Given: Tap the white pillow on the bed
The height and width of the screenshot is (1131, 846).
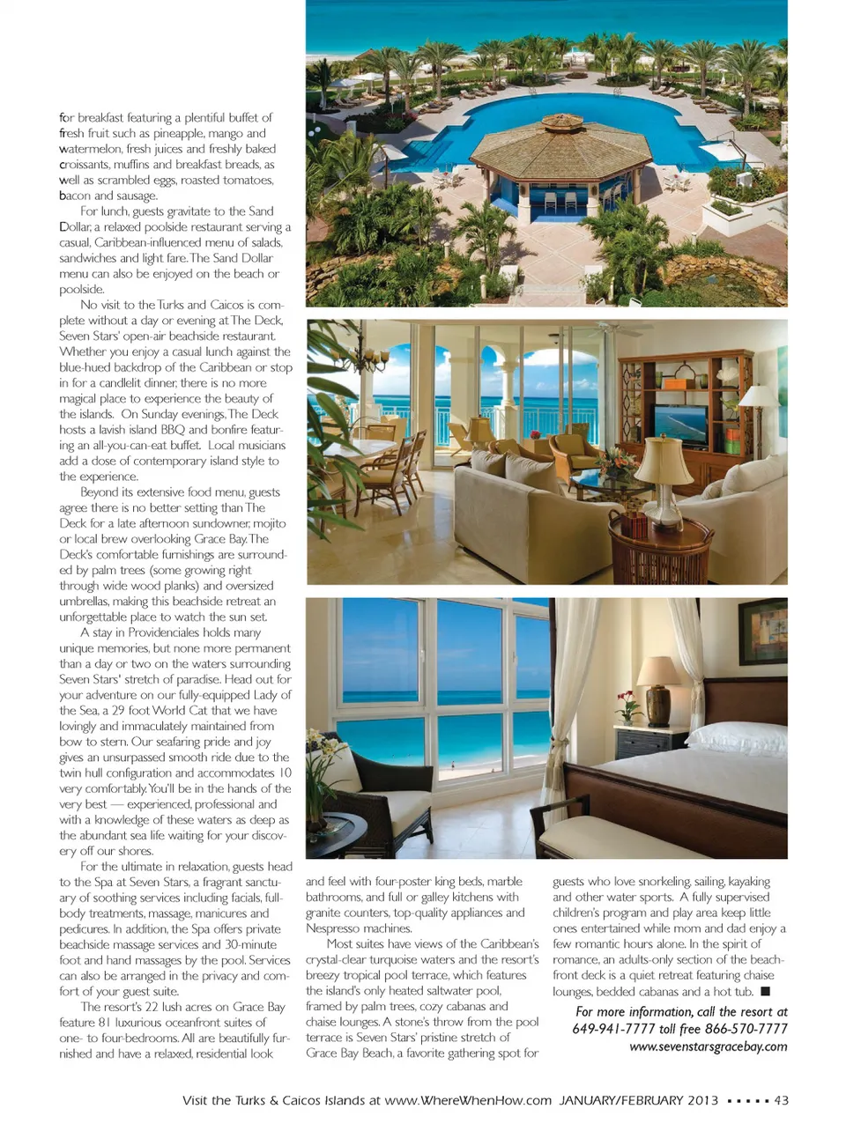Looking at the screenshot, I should pos(736,738).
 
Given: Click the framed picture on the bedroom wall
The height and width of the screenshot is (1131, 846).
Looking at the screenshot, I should pos(762,631).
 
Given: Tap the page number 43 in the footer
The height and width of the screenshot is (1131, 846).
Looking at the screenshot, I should pos(781,1100).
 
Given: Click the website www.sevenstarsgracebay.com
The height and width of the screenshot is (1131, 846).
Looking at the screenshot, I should pos(708,1046).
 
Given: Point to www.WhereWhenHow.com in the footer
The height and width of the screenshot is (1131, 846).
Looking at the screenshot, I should pos(468,1100).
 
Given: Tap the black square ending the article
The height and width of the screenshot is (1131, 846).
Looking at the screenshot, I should pos(765,992).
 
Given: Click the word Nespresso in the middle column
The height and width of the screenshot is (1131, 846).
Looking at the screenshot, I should pos(334,928).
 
